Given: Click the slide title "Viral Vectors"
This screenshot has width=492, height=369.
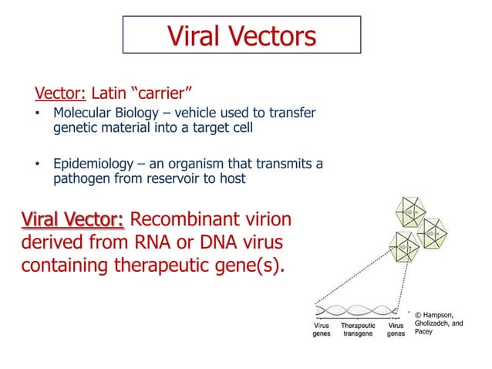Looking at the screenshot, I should click(x=241, y=36).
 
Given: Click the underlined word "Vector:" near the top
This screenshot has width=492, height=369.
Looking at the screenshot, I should click(x=61, y=95).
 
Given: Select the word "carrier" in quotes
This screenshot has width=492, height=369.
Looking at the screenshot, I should click(x=151, y=95).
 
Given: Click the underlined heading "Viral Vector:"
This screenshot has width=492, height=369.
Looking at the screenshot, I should click(x=72, y=220).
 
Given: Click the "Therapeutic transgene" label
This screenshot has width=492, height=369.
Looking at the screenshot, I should click(x=358, y=330).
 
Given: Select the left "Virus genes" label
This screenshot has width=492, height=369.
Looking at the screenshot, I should click(x=322, y=330).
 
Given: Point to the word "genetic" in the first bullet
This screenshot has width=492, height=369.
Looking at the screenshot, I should click(x=76, y=128).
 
